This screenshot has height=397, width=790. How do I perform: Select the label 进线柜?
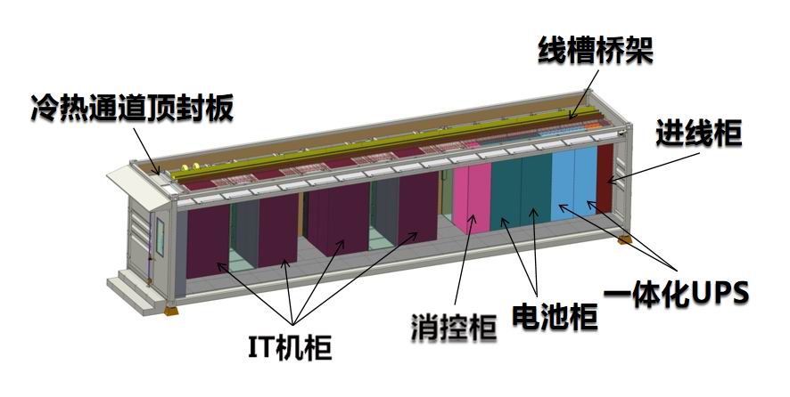click(699, 134)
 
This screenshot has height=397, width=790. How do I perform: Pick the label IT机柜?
click(288, 345)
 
